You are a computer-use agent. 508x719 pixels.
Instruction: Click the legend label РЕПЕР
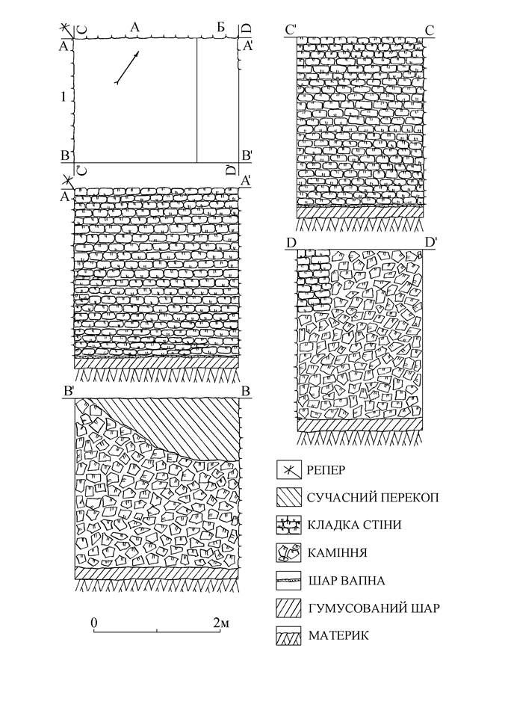(x=326, y=470)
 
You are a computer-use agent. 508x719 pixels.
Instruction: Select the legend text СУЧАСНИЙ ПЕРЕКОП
(x=372, y=498)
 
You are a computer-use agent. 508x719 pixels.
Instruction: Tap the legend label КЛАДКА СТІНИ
(x=354, y=525)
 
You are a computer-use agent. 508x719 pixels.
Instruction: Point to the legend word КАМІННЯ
(x=338, y=553)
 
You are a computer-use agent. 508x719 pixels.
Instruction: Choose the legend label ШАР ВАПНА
(x=346, y=581)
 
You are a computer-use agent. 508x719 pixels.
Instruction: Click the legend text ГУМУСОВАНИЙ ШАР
(x=374, y=608)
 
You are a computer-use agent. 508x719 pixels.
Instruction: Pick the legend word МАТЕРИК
(x=338, y=636)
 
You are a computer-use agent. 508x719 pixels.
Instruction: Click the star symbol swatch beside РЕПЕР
(x=288, y=470)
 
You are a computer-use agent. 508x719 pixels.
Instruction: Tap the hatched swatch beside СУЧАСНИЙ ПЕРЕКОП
(x=288, y=498)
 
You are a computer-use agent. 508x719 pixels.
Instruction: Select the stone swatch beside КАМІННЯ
(x=288, y=552)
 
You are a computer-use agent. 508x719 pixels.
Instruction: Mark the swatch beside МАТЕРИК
(x=288, y=636)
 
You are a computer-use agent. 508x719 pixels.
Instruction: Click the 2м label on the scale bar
(x=220, y=623)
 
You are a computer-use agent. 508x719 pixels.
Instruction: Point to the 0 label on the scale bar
(x=94, y=623)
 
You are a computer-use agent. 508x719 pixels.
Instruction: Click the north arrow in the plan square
(x=126, y=67)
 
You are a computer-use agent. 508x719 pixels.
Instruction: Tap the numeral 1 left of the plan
(x=63, y=96)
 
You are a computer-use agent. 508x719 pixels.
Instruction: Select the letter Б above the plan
(x=221, y=28)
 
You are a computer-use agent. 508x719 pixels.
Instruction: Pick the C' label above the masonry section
(x=291, y=30)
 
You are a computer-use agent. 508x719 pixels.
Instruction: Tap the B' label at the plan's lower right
(x=247, y=156)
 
